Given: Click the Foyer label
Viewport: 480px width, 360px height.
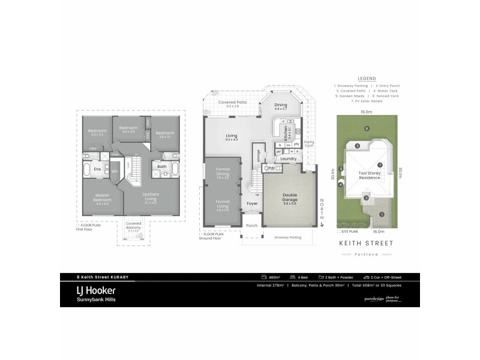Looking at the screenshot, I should (252, 203).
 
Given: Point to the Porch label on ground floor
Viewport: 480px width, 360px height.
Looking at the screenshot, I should (252, 226).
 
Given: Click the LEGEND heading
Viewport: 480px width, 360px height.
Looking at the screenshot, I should (366, 79).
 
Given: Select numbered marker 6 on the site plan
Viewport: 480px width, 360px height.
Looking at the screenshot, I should (366, 128).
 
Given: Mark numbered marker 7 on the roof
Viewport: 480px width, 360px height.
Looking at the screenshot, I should (379, 165).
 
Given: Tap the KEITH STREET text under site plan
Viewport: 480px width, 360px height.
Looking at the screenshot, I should (366, 244).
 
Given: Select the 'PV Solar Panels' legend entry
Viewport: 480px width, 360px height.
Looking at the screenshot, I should (368, 101).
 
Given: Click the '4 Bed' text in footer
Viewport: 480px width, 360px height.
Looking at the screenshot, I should (298, 277).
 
